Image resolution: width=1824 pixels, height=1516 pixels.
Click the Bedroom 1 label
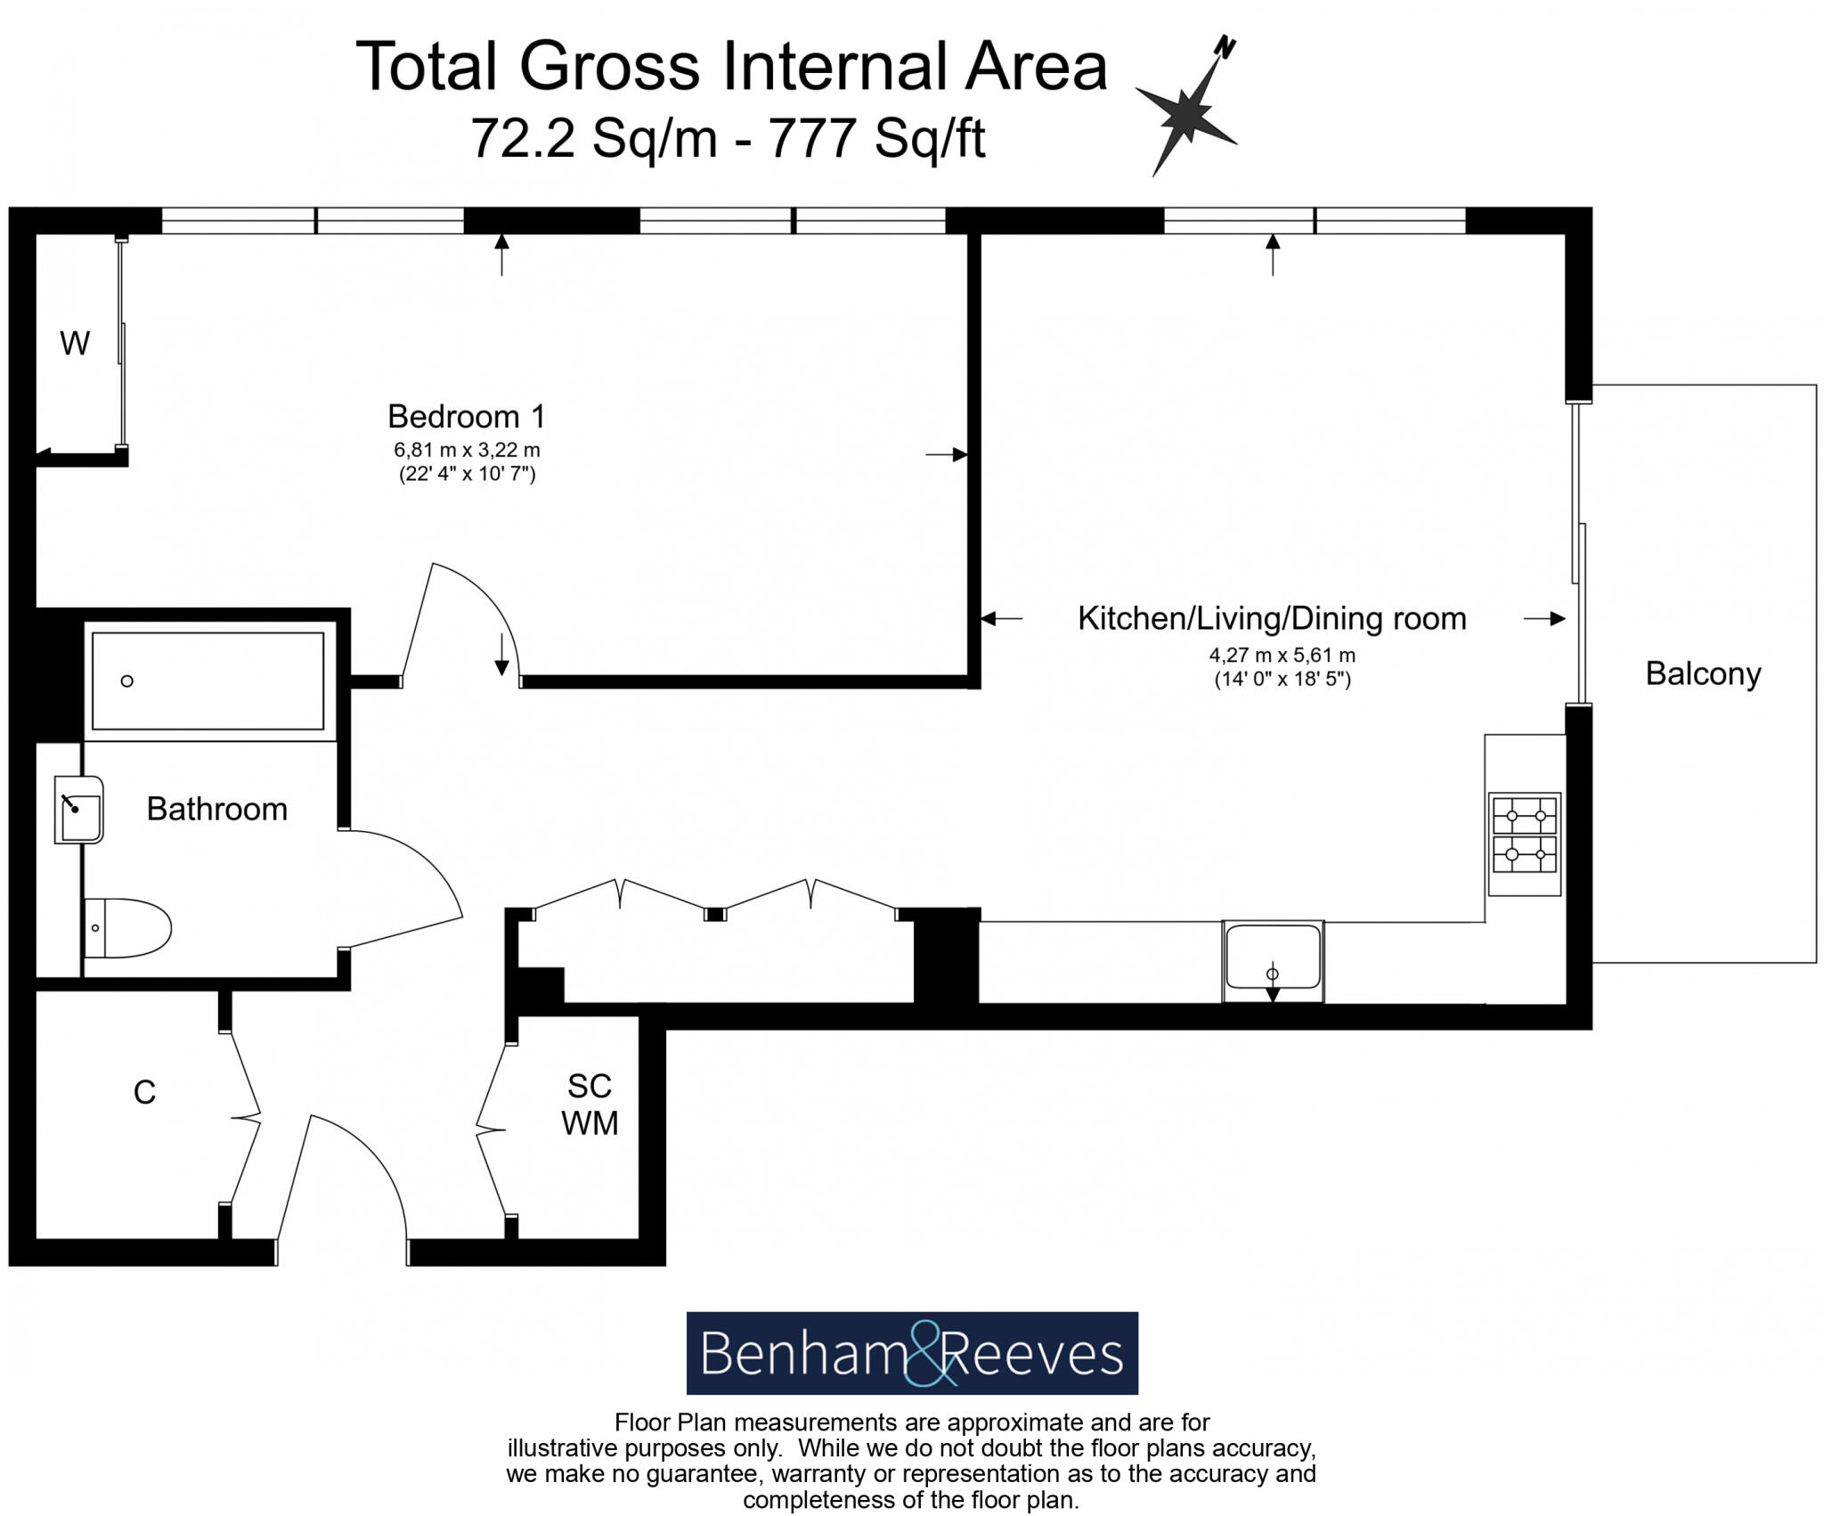(x=466, y=416)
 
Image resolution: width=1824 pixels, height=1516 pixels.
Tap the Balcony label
(x=1703, y=673)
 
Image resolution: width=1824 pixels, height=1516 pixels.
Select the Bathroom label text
(x=216, y=809)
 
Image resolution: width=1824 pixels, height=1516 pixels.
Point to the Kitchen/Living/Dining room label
(x=1272, y=618)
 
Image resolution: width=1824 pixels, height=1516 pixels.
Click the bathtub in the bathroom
(x=208, y=681)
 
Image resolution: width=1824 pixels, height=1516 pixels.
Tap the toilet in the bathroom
(x=127, y=928)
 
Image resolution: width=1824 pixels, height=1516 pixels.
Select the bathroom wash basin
(x=79, y=810)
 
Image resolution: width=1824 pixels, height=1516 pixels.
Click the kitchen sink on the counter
(x=1273, y=960)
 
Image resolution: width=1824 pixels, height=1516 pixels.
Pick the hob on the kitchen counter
(x=1525, y=844)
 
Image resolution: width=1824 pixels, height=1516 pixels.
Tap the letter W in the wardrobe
(x=75, y=343)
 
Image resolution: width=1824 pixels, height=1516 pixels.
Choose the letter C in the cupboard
(x=144, y=1092)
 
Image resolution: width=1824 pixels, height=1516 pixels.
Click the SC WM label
(x=590, y=1104)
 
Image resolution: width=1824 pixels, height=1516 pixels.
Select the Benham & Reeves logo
(x=912, y=1353)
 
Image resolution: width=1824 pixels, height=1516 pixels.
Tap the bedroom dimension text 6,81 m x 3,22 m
(x=467, y=451)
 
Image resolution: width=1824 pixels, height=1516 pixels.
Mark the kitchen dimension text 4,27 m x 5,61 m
(x=1282, y=656)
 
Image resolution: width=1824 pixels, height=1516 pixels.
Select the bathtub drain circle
(x=127, y=681)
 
